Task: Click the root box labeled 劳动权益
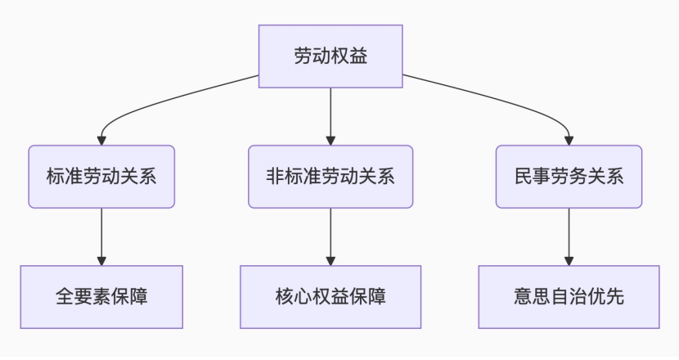[331, 56]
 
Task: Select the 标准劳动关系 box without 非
[101, 177]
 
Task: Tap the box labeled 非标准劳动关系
[331, 177]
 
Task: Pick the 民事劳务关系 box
[569, 177]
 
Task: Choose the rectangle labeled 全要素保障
[101, 297]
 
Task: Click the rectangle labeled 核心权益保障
[331, 297]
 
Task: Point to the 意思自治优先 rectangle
[569, 297]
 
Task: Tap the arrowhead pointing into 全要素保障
[101, 259]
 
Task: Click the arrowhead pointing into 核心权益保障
[331, 259]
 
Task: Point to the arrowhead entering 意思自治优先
[569, 259]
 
